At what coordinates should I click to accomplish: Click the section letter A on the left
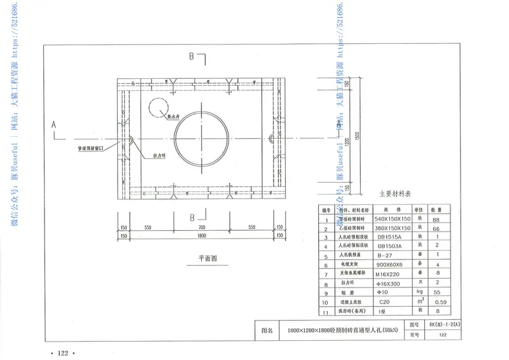pyautogui.click(x=54, y=125)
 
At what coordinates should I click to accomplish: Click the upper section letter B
pyautogui.click(x=191, y=57)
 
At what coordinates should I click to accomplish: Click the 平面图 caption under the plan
pyautogui.click(x=207, y=259)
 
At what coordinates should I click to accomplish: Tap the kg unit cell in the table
pyautogui.click(x=419, y=291)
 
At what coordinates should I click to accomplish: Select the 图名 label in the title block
pyautogui.click(x=267, y=331)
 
